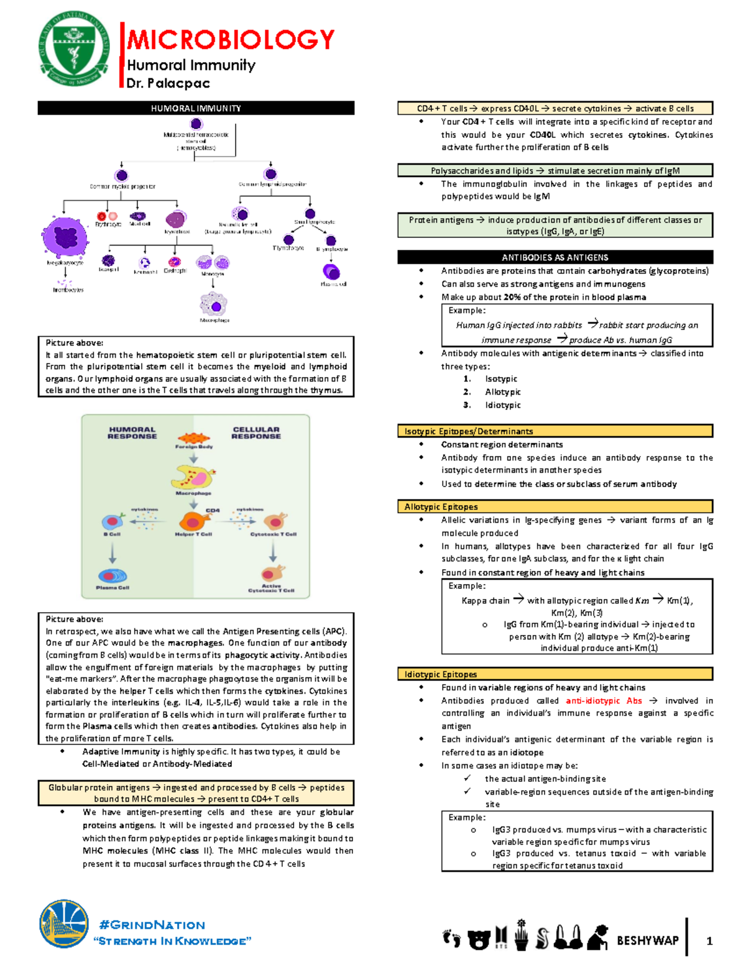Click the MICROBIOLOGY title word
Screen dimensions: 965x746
click(231, 40)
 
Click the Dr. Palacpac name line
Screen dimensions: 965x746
click(168, 83)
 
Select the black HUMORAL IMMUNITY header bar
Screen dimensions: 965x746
click(196, 108)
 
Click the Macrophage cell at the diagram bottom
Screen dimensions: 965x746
click(214, 304)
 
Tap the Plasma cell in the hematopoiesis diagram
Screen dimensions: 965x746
click(331, 272)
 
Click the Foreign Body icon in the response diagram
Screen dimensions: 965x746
click(194, 439)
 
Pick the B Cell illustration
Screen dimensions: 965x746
click(113, 521)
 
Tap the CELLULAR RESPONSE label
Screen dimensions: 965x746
click(256, 432)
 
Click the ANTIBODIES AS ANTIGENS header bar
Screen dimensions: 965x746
click(555, 257)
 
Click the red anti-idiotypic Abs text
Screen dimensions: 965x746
click(604, 700)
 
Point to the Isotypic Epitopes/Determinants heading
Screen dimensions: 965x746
click(468, 431)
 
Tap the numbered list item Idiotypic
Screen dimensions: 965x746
click(503, 405)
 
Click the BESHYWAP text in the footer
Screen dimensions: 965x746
click(647, 940)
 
